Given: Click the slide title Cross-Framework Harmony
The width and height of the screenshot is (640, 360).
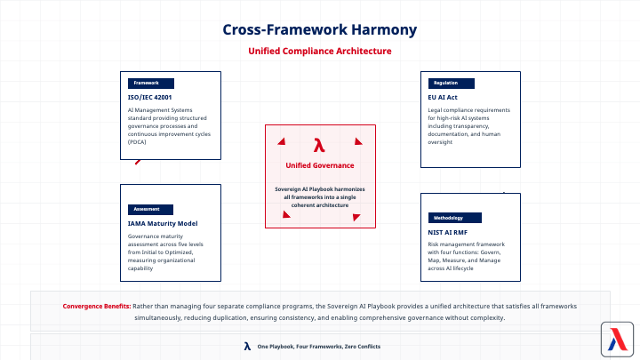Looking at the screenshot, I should [x=319, y=29].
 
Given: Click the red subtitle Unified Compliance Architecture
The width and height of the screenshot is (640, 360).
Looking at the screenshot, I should [x=319, y=52].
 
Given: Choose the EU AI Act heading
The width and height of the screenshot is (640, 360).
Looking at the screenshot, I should [x=443, y=97].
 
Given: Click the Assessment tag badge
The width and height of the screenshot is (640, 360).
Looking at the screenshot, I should [x=148, y=209].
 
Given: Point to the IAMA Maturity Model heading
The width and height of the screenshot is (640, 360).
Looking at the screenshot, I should [x=163, y=223].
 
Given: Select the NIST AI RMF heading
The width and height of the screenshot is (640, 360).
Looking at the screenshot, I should [x=447, y=232].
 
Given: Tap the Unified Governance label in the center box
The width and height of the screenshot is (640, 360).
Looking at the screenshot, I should [x=320, y=165].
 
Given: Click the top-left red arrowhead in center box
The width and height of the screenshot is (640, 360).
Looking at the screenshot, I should [x=282, y=140].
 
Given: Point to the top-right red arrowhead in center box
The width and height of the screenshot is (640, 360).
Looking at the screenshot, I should [x=358, y=140].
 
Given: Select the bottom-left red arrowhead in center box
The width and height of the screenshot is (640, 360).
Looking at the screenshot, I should [x=286, y=213].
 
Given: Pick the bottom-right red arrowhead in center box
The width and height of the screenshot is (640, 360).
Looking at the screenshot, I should [x=355, y=213].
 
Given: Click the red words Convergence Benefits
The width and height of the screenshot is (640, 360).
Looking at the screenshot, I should [x=97, y=306].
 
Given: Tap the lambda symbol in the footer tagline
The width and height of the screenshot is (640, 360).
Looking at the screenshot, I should [x=246, y=345].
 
